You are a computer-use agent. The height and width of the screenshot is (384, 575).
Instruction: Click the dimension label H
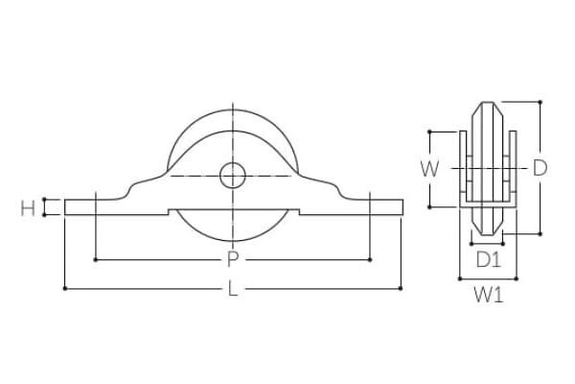(x=28, y=208)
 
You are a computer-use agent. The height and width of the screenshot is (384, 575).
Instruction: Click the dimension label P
(x=232, y=259)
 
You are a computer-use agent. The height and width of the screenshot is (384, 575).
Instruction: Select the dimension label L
(x=233, y=288)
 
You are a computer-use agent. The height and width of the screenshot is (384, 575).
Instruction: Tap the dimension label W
(x=429, y=169)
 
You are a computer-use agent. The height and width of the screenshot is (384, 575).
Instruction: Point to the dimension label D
(x=540, y=168)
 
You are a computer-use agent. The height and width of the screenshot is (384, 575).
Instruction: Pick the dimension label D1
(x=489, y=260)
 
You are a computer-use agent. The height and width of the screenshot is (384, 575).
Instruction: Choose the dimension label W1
(x=489, y=295)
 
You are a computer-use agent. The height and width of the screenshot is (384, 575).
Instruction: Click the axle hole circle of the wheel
(x=233, y=176)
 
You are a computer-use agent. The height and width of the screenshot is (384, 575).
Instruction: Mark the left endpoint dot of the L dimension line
(x=65, y=289)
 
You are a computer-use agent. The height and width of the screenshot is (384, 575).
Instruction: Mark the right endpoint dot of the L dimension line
(x=401, y=288)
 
